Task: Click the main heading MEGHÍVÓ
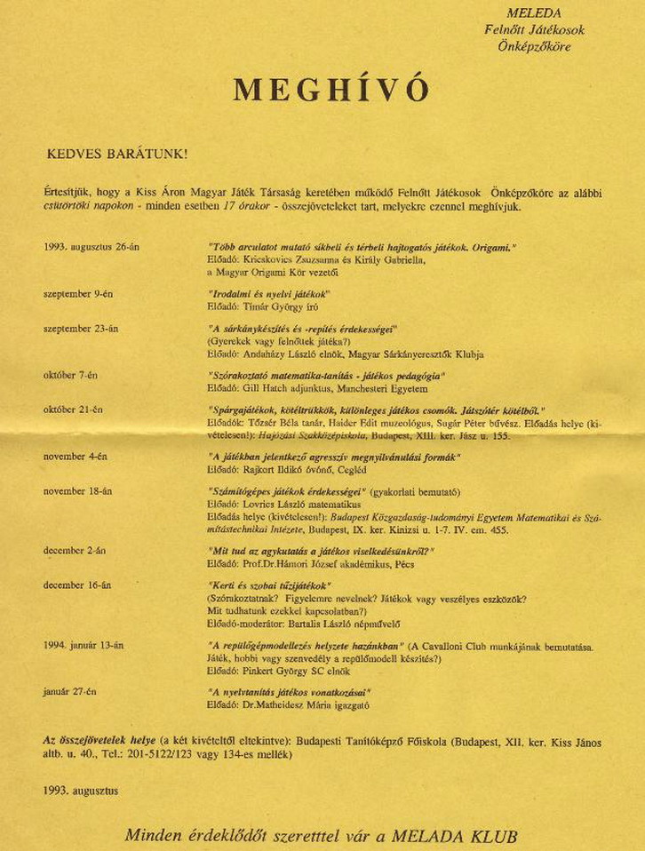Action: [x=331, y=90]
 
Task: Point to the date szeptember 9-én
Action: [x=78, y=294]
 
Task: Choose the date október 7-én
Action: [x=70, y=376]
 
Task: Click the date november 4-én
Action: [x=76, y=457]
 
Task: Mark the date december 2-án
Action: [x=75, y=551]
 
